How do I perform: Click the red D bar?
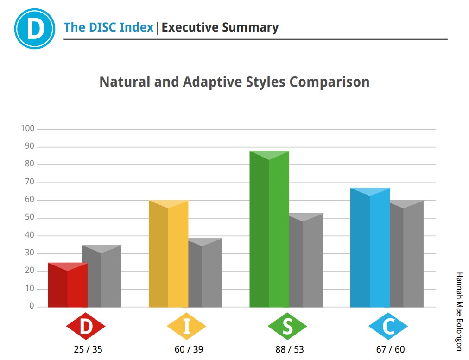coord(68,285)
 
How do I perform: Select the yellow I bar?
coord(168,253)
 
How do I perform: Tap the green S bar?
coord(269,229)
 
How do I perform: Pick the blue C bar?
coord(370,247)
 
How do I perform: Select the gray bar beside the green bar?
coord(306,260)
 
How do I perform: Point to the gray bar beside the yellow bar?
coord(205,273)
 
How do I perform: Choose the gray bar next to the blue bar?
coord(407,254)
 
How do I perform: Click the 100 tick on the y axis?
coord(27,129)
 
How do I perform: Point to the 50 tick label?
coord(29,217)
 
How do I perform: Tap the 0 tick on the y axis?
coord(32,306)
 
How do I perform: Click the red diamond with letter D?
coord(86,326)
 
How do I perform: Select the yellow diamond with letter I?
coord(187,326)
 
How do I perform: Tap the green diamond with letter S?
coord(287,326)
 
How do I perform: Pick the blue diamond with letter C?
coord(388,326)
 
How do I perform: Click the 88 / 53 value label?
coord(290,349)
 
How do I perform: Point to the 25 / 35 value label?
coord(88,349)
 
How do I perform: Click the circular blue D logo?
coord(35,29)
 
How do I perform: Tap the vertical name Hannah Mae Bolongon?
coord(459,311)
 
